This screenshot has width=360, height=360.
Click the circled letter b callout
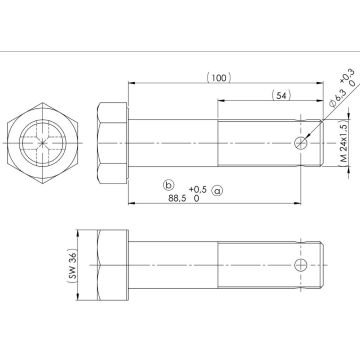[x=168, y=185]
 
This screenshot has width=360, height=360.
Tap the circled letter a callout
[x=217, y=188]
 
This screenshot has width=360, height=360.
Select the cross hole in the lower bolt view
[x=299, y=265]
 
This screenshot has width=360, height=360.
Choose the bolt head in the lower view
[x=112, y=265]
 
